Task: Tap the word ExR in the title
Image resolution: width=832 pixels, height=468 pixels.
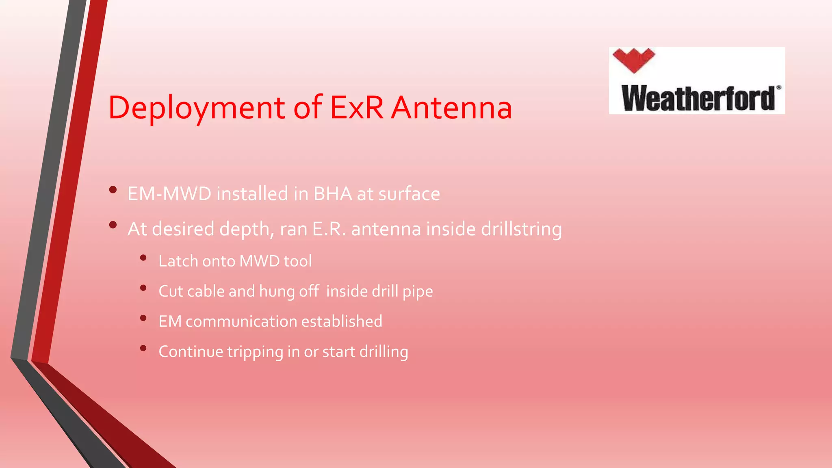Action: click(x=357, y=108)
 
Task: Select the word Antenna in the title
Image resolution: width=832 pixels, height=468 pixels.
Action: click(x=451, y=108)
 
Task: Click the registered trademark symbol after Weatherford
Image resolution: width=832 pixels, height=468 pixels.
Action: click(x=778, y=87)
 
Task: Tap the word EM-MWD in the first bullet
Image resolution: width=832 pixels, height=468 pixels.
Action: click(x=169, y=194)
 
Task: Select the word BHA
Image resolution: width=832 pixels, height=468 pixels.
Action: click(x=333, y=194)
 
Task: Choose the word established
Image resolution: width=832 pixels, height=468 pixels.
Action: click(x=342, y=321)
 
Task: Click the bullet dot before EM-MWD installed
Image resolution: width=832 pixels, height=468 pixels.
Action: click(x=113, y=190)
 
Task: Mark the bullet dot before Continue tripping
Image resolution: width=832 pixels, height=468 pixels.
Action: click(x=143, y=348)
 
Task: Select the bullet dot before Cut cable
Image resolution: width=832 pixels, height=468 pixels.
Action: click(x=143, y=288)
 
